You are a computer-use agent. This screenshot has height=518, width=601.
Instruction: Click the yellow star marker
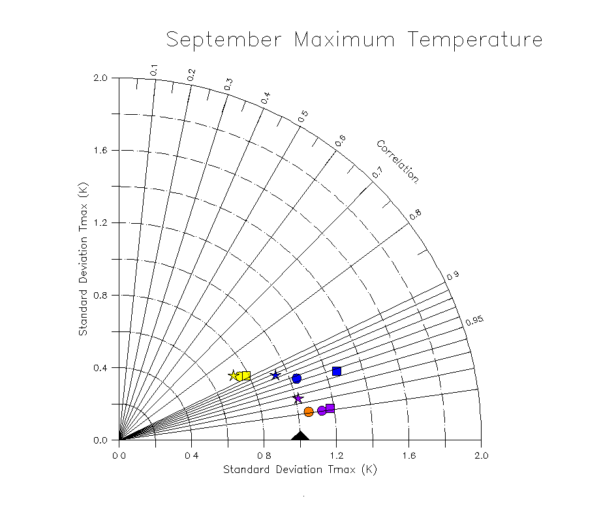tap(234, 375)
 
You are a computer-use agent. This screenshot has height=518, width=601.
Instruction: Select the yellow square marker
tap(245, 376)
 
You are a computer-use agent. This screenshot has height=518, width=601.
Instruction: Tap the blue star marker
tap(275, 375)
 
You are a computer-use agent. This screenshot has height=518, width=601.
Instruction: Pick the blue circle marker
tap(297, 378)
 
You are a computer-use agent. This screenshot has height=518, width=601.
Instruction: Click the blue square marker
tap(337, 371)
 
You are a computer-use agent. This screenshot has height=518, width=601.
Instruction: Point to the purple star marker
tap(298, 398)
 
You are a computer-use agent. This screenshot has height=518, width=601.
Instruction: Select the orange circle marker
tap(309, 412)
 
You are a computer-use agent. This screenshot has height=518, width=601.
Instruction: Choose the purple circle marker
tap(322, 410)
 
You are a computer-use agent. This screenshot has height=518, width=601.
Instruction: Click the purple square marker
tap(330, 408)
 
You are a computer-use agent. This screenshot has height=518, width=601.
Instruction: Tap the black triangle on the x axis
tap(300, 436)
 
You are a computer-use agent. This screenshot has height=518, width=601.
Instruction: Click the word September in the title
tap(224, 40)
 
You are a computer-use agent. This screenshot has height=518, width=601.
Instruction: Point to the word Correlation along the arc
tap(397, 161)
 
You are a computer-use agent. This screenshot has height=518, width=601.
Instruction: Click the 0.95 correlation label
tap(474, 320)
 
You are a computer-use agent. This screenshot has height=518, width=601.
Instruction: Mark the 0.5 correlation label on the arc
tap(303, 115)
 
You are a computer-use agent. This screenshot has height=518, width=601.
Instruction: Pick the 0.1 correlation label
tap(155, 70)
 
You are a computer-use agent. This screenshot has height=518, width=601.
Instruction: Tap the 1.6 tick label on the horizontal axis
tap(408, 455)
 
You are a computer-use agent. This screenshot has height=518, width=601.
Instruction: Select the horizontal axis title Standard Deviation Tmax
tap(300, 470)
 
